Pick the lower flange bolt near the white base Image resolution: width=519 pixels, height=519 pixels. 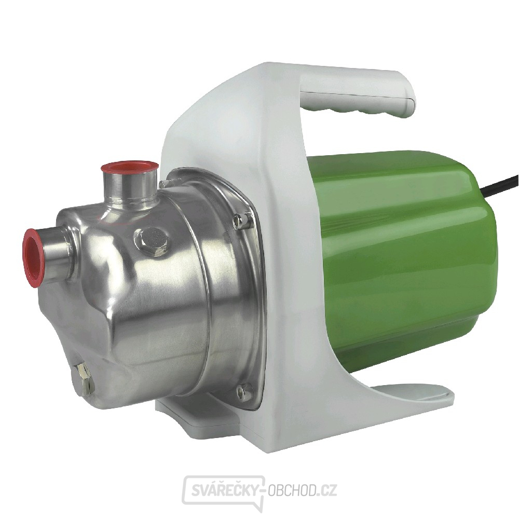tap(244, 391)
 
